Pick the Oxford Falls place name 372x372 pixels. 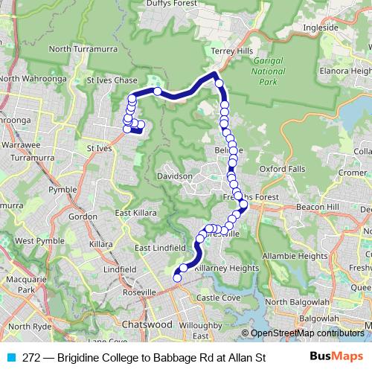pyautogui.click(x=283, y=169)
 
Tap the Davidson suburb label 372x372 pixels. pyautogui.click(x=175, y=176)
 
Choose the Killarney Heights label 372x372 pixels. pyautogui.click(x=224, y=269)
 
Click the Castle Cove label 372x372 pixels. pyautogui.click(x=218, y=298)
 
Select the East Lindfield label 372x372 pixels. pyautogui.click(x=160, y=248)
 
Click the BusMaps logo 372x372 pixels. pyautogui.click(x=337, y=357)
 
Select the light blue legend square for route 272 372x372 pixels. pyautogui.click(x=10, y=358)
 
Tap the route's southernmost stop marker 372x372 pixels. pyautogui.click(x=177, y=278)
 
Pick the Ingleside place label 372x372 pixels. pyautogui.click(x=321, y=27)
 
